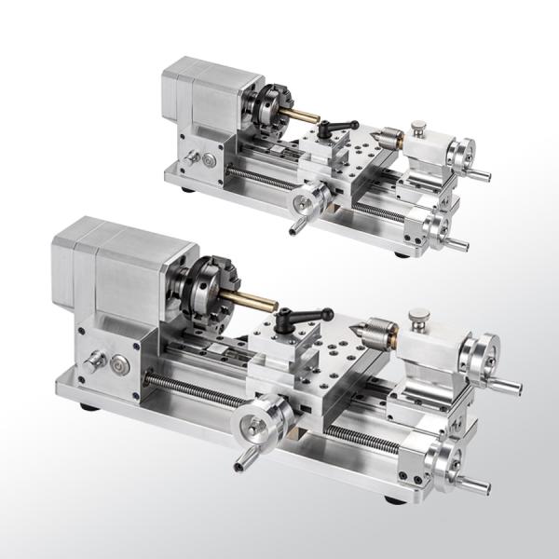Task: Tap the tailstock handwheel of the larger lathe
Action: click(485, 359)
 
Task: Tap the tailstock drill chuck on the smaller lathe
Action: click(390, 138)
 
